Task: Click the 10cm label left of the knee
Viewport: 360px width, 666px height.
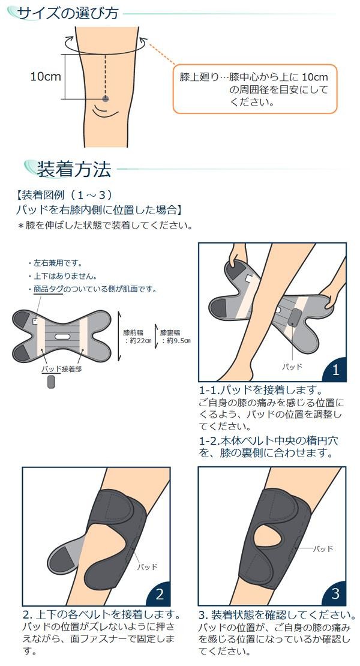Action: coord(46,76)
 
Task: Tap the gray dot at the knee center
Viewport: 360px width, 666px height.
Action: coord(105,99)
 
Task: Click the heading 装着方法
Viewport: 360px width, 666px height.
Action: coord(74,169)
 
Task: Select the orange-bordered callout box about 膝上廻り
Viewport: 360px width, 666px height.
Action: coord(255,89)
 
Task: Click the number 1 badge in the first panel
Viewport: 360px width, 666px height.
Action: coord(336,370)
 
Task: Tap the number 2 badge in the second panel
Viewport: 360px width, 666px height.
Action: coord(160,594)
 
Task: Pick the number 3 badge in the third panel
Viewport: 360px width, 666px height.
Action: coord(335,593)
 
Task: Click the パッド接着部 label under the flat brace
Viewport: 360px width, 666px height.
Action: coord(62,369)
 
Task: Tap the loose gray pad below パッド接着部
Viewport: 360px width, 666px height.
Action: coord(52,381)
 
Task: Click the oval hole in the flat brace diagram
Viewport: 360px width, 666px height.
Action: coord(62,337)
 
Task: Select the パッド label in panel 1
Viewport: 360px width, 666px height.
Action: coord(292,367)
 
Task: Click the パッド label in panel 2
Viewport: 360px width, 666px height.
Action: coord(147,566)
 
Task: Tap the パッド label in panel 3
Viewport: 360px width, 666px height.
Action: coord(323,549)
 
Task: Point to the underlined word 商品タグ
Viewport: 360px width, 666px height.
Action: coord(48,289)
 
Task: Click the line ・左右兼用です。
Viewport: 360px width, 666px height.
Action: coord(55,263)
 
